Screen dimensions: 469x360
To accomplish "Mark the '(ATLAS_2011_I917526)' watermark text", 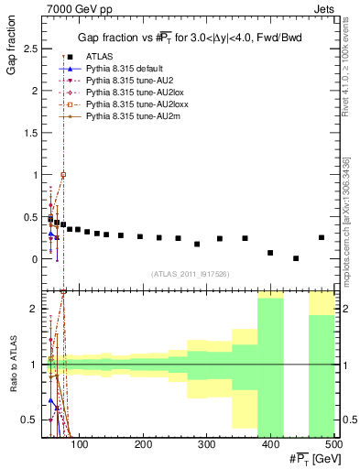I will coord(190,274).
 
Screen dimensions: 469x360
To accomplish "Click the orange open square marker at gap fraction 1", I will coord(63,174).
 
